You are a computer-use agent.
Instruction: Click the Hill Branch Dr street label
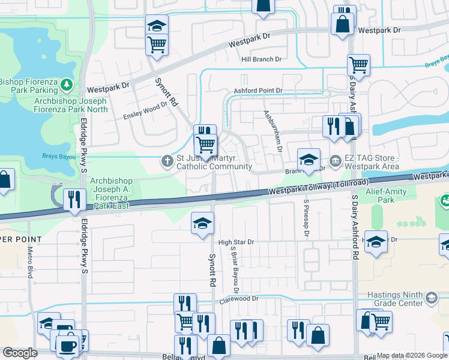click(x=261, y=59)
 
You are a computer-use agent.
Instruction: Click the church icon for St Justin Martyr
click(x=167, y=160)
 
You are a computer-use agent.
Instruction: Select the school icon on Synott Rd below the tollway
click(x=203, y=223)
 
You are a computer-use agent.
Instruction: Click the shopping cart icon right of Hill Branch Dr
click(x=358, y=65)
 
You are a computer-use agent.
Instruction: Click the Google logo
click(x=20, y=353)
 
